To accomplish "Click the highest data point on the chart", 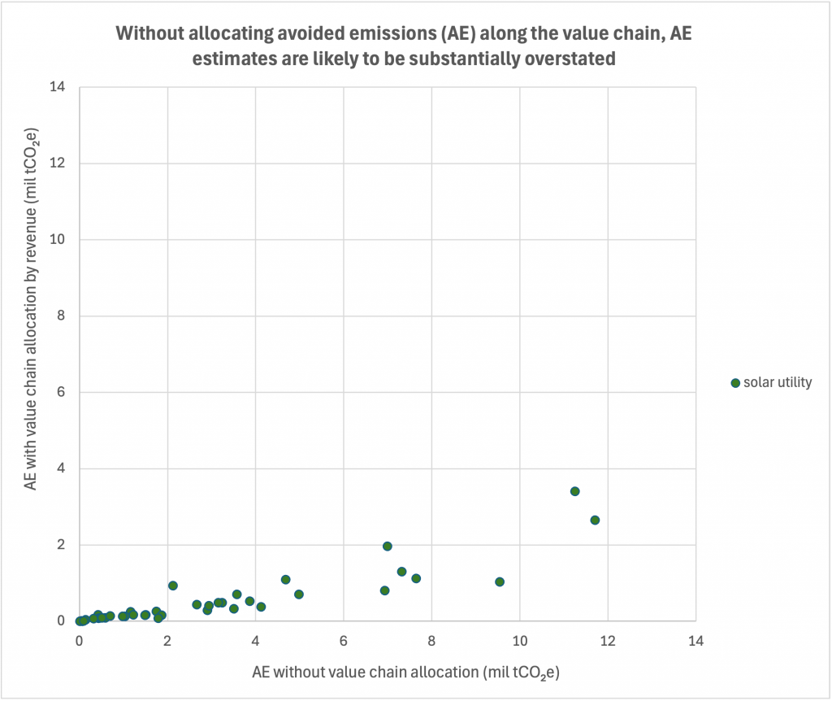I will tap(574, 491).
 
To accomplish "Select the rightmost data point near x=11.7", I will tap(595, 520).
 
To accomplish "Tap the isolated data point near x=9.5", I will tap(500, 581).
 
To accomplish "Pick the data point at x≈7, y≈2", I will tap(388, 546).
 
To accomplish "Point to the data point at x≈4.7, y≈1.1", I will tap(286, 579).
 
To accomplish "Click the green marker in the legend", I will tap(736, 382).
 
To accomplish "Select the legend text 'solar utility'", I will tap(778, 382).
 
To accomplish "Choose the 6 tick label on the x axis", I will tap(344, 639).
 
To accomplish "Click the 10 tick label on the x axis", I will tap(519, 639).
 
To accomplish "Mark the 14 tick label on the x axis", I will tap(695, 639).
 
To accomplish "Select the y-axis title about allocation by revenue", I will tap(32, 309).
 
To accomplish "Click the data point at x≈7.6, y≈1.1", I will tap(416, 578).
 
